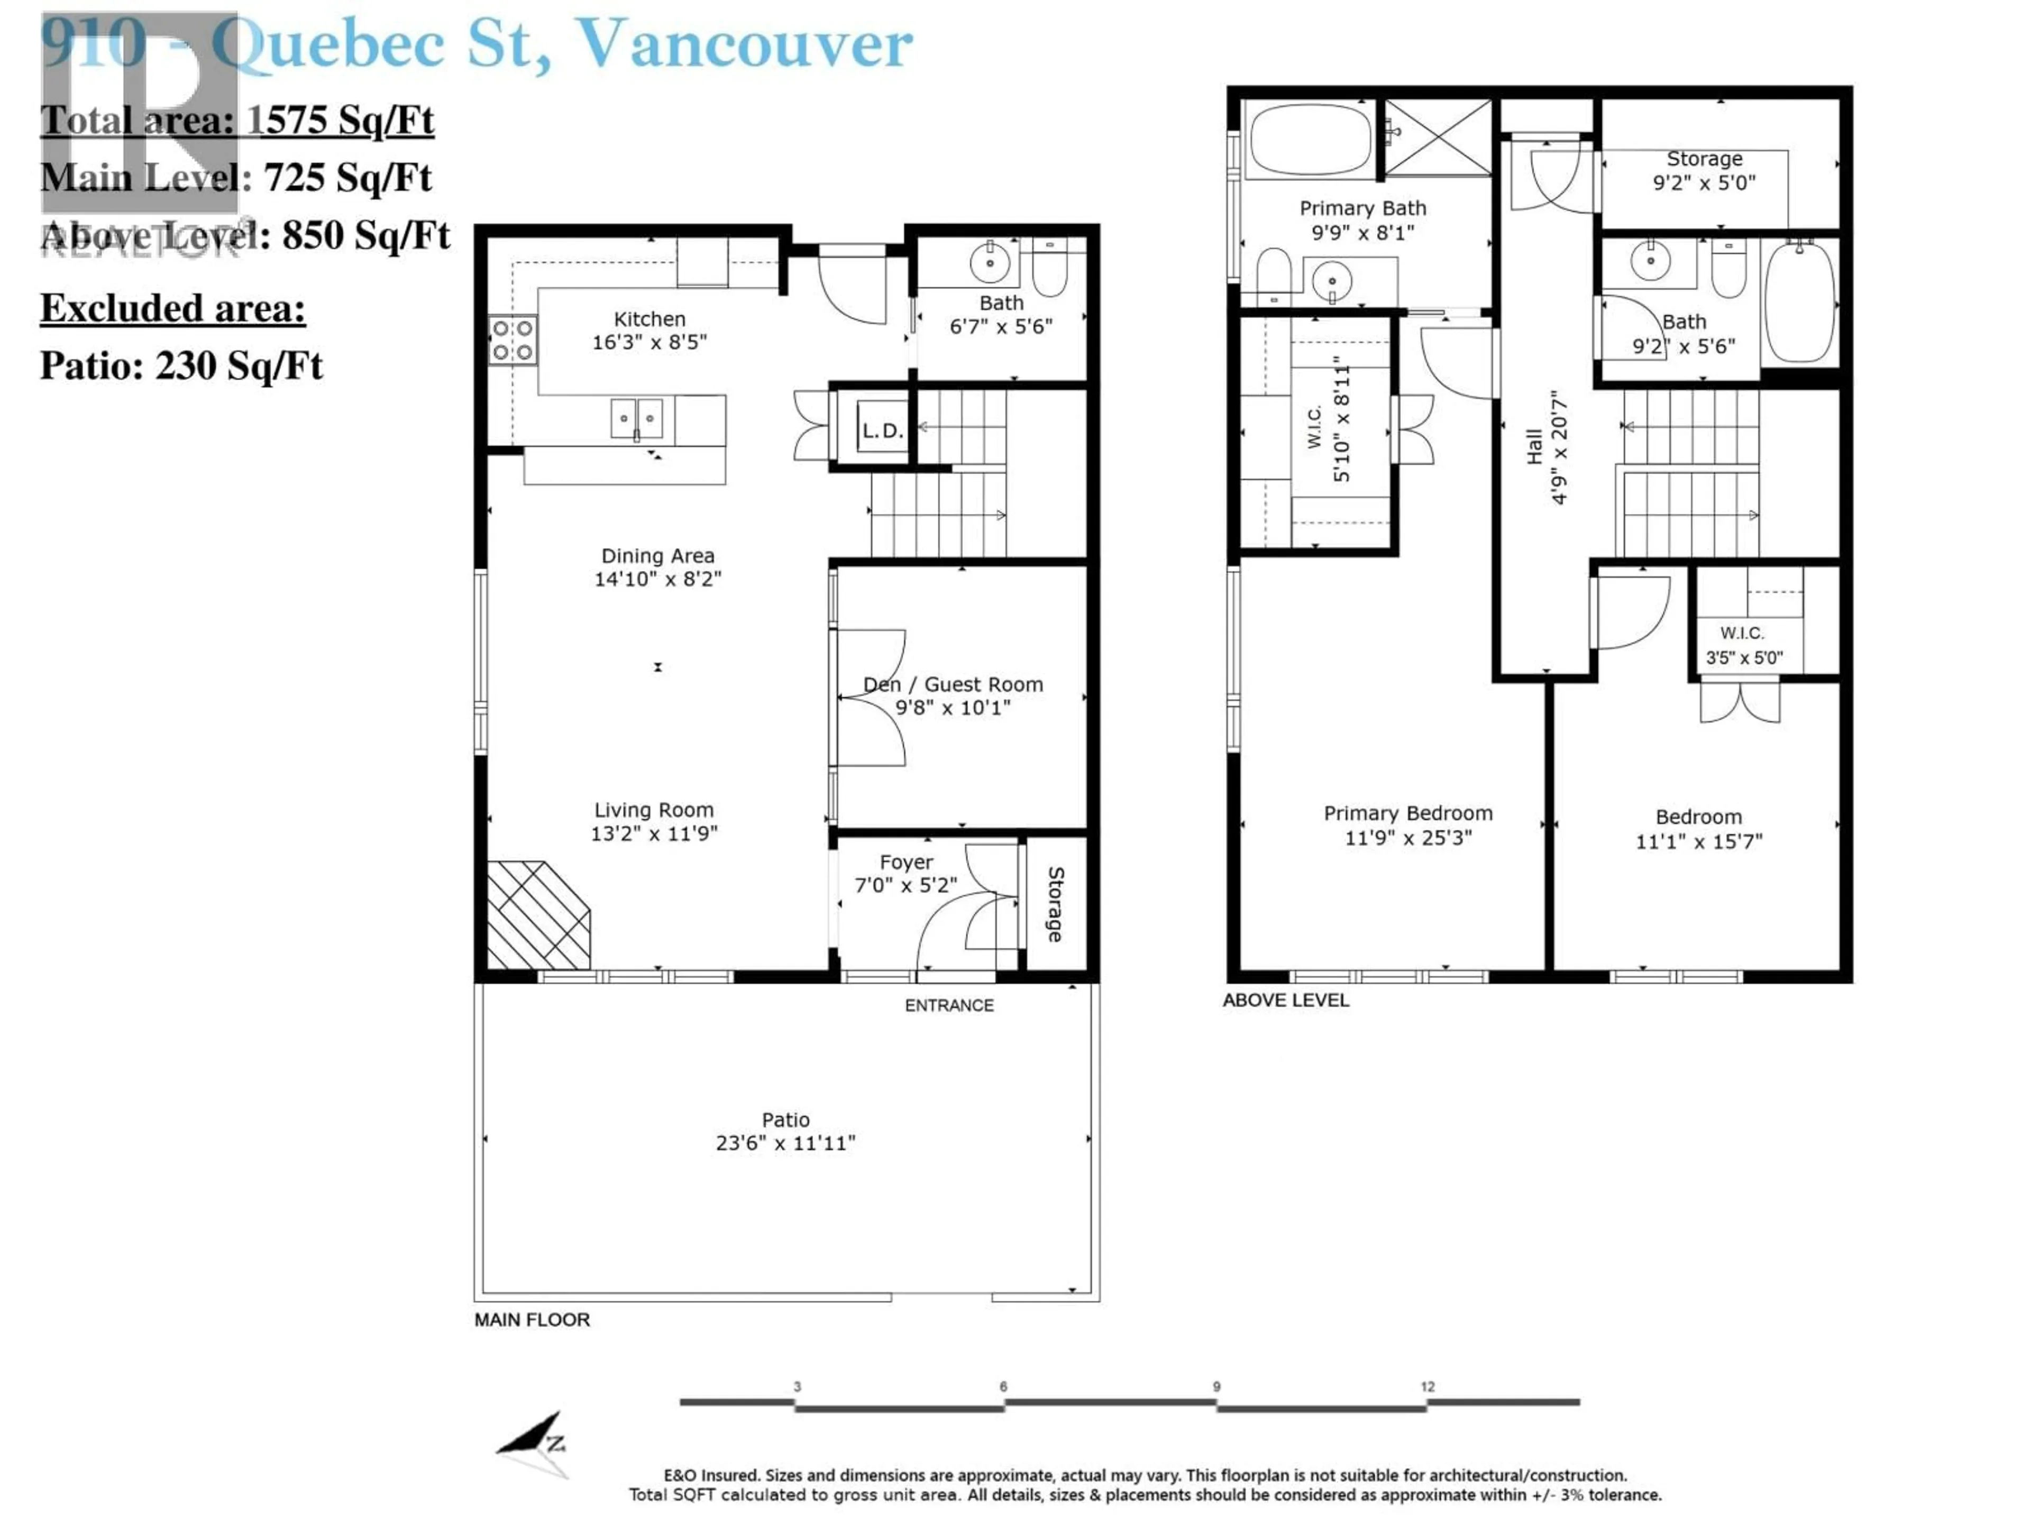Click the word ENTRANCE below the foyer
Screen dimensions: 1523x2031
948,1005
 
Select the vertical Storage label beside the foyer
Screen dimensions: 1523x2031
1055,904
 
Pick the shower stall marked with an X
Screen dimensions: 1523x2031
1437,137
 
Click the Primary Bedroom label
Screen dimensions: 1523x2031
1407,813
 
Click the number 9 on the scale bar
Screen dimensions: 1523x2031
1216,1386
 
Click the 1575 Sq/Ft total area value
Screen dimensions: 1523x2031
340,120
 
